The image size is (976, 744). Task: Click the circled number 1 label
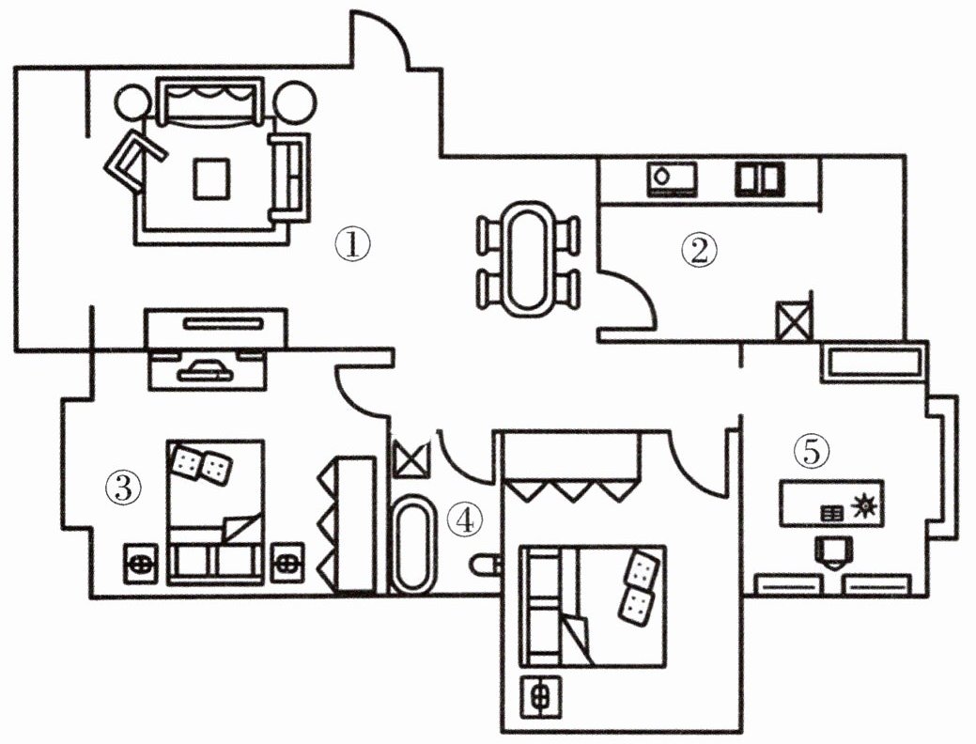pyautogui.click(x=353, y=244)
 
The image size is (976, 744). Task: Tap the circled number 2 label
pyautogui.click(x=700, y=250)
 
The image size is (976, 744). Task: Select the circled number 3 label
pyautogui.click(x=124, y=488)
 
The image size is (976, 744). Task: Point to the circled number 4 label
pyautogui.click(x=465, y=519)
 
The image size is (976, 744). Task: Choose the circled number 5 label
pyautogui.click(x=812, y=451)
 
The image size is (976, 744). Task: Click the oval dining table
pyautogui.click(x=529, y=257)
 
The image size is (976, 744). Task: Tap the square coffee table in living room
pyautogui.click(x=211, y=179)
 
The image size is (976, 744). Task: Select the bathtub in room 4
pyautogui.click(x=411, y=543)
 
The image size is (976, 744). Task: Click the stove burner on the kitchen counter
pyautogui.click(x=672, y=179)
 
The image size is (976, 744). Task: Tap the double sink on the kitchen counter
pyautogui.click(x=759, y=179)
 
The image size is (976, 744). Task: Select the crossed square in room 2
pyautogui.click(x=794, y=320)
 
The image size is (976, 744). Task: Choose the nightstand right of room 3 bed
pyautogui.click(x=287, y=564)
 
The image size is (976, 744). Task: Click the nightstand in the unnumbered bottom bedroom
pyautogui.click(x=540, y=695)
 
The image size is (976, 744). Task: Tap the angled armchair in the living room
pyautogui.click(x=134, y=162)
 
